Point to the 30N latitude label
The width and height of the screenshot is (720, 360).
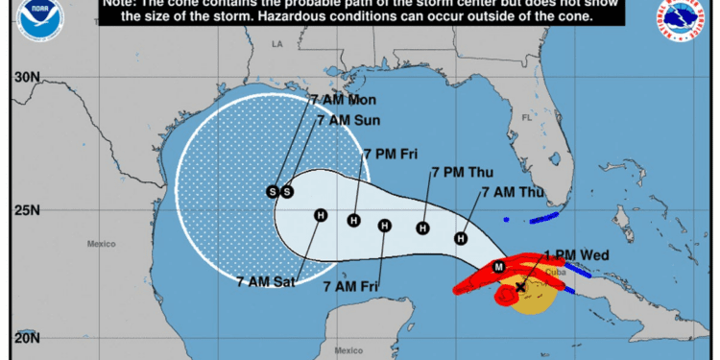(x=26, y=77)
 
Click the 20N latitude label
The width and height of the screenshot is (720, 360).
(x=26, y=337)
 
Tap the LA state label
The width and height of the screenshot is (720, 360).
(x=278, y=44)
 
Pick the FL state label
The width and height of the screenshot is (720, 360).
(x=525, y=118)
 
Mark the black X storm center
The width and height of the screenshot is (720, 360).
(x=520, y=286)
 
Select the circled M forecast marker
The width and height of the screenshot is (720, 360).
(x=498, y=266)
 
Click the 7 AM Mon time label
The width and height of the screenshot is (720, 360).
(x=343, y=100)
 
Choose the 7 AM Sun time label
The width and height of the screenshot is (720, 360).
(x=348, y=121)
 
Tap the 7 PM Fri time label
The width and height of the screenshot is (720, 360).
(x=390, y=153)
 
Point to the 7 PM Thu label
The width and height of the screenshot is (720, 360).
(x=463, y=172)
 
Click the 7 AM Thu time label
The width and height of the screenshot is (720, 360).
(x=512, y=192)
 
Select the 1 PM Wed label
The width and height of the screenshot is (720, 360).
(x=577, y=254)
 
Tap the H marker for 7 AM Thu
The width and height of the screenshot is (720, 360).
(x=462, y=238)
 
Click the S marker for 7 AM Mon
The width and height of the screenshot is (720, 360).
(x=273, y=192)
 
